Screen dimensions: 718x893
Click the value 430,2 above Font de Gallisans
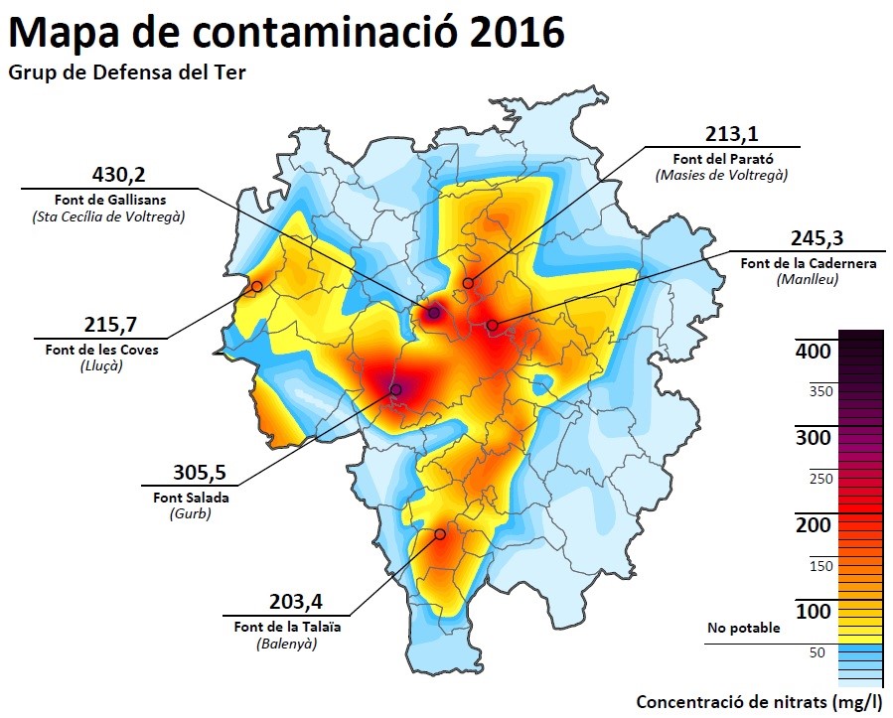[118, 175]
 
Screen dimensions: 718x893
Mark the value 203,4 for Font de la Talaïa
[295, 602]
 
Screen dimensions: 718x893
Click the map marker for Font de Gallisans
[434, 314]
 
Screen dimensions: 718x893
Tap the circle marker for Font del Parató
[468, 284]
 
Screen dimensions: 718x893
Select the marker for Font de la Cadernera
[492, 326]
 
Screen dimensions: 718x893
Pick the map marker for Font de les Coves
[256, 287]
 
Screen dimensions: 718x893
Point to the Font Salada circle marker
[395, 389]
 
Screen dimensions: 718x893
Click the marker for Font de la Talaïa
[440, 534]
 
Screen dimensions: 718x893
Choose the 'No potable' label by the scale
[743, 628]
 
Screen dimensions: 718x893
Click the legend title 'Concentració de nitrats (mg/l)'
[759, 702]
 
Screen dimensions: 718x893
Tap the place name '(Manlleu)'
[808, 279]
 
